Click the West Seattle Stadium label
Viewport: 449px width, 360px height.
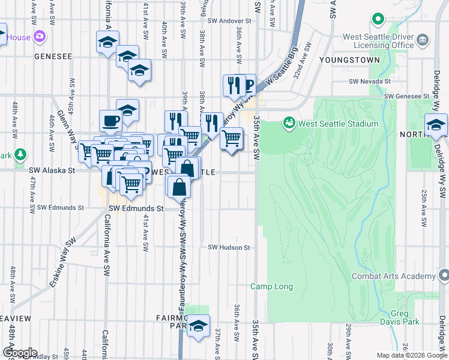coord(339,124)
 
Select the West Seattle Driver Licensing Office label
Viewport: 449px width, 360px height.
coord(378,41)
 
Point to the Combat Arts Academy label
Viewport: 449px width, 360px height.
coord(393,276)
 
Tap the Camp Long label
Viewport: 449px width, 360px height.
coord(271,287)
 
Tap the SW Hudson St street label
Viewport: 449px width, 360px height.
coord(229,247)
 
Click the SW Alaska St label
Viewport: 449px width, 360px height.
coord(51,170)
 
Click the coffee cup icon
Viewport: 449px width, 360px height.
coord(111,120)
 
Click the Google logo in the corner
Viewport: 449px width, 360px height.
coord(20,353)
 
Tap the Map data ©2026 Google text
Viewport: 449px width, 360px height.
coord(411,355)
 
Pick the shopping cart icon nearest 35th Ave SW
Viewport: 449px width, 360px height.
coord(231,139)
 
